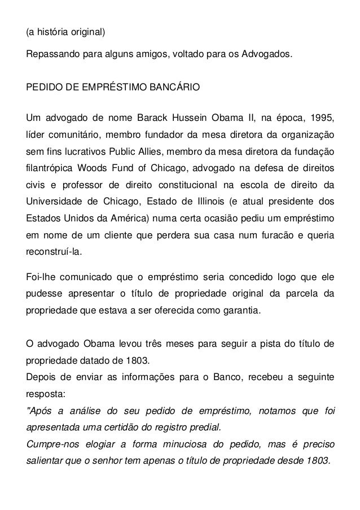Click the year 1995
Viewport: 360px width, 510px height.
(x=321, y=120)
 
